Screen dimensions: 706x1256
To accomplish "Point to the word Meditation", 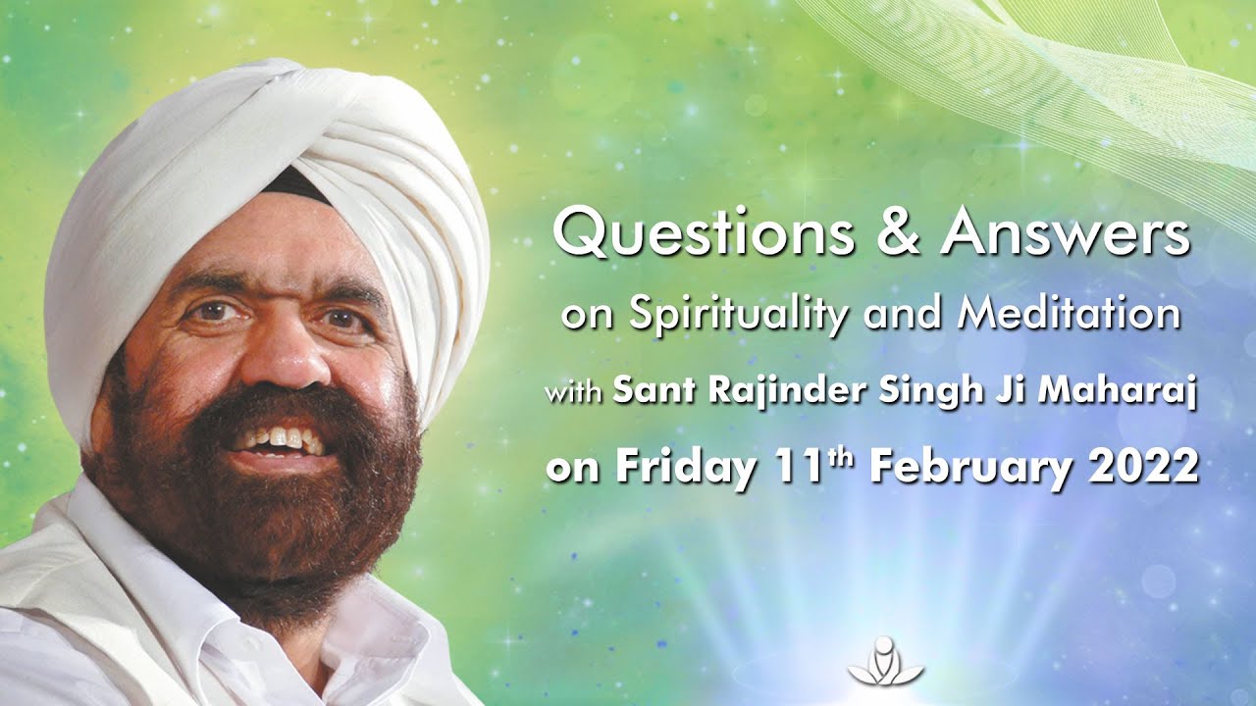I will (x=1070, y=315).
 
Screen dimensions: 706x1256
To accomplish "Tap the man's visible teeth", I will (x=285, y=439).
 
